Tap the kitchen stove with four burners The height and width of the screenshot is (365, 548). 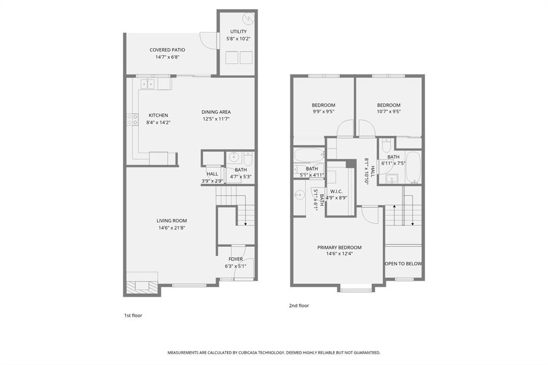click(131, 120)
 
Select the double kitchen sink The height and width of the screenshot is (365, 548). click(147, 83)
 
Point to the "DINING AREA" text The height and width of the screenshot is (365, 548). click(216, 112)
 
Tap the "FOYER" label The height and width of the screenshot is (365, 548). click(235, 259)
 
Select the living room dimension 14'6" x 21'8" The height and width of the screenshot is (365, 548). click(172, 228)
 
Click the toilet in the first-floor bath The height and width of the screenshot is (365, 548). click(247, 158)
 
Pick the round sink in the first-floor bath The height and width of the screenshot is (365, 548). click(233, 157)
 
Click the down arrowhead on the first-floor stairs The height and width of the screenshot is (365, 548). click(245, 223)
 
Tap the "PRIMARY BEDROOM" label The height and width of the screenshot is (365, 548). click(339, 247)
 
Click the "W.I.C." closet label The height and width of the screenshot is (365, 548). click(337, 191)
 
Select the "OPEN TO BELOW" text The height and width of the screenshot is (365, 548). click(404, 263)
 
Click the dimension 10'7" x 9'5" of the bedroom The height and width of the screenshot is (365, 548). click(389, 112)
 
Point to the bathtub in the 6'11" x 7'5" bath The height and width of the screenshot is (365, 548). click(413, 169)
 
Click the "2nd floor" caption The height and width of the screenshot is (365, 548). click(299, 306)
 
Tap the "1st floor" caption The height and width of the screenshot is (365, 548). click(133, 315)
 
